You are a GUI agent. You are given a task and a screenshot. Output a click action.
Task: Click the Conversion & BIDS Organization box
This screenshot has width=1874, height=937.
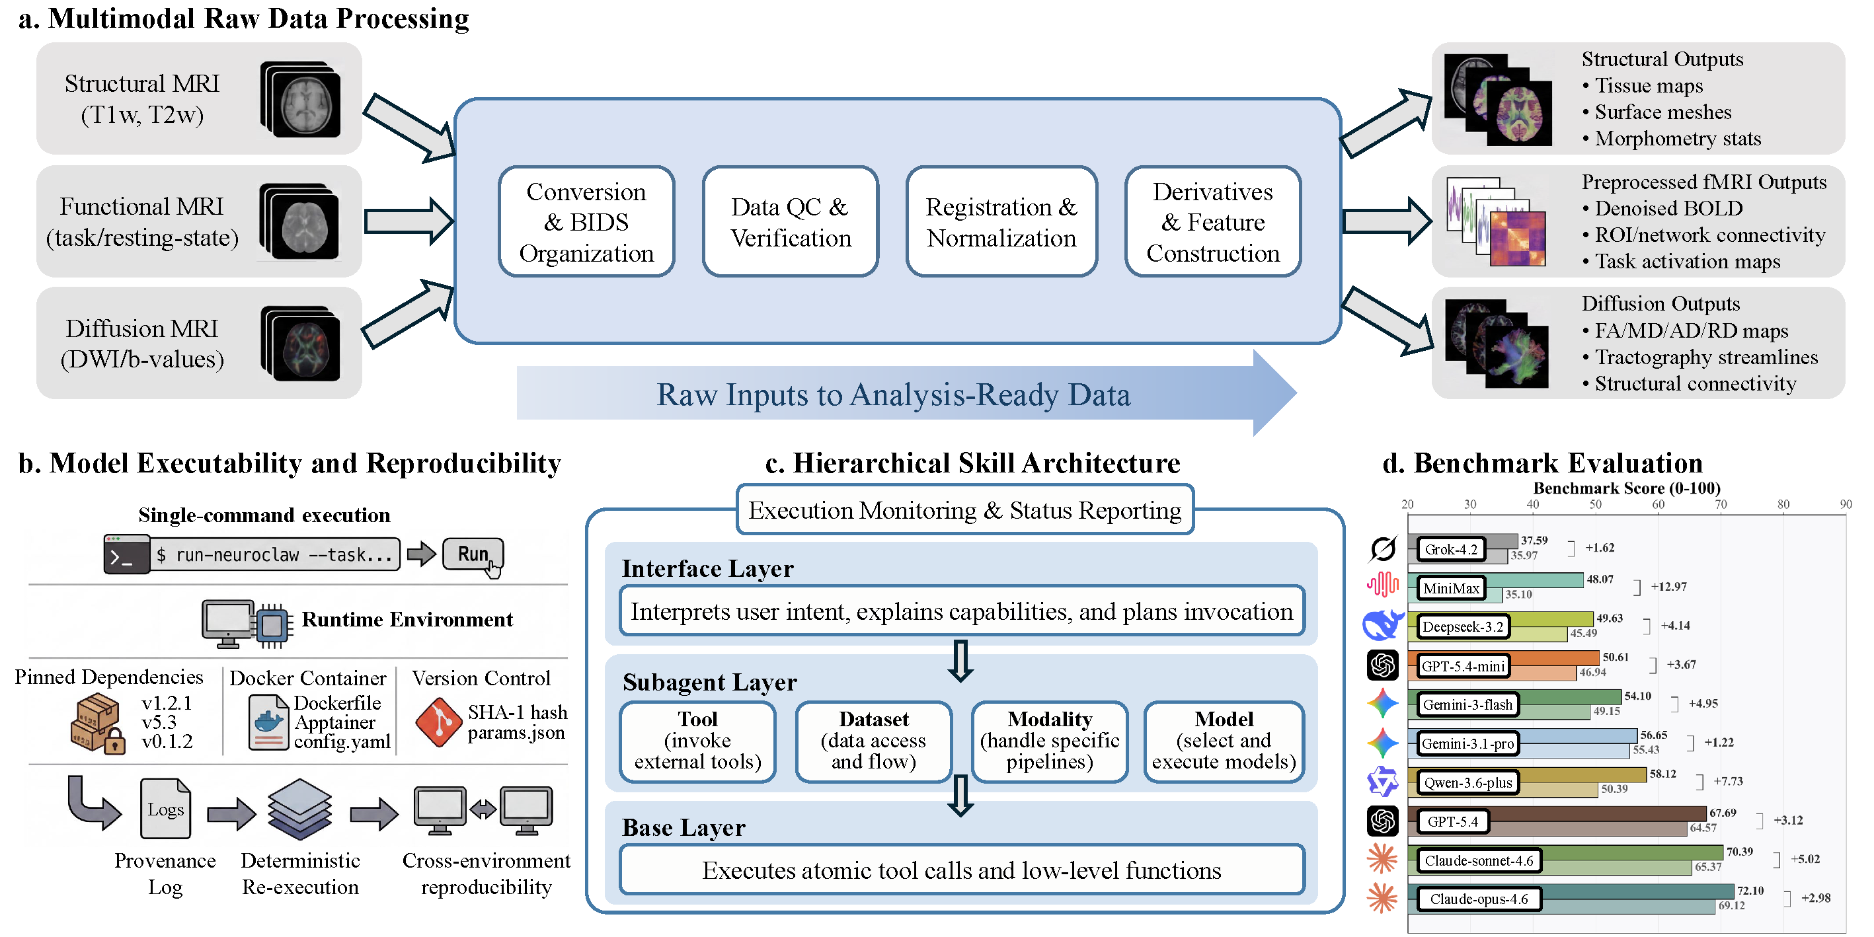(x=586, y=222)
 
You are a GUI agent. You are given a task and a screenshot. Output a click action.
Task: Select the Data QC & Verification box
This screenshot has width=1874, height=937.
(x=790, y=222)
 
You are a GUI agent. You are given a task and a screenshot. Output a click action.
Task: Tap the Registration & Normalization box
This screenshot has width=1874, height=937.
(x=1000, y=222)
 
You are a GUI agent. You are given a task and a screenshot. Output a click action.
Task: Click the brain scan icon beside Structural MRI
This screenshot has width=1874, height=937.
(x=301, y=100)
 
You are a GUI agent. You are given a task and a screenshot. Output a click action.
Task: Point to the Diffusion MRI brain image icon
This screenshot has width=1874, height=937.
(x=301, y=344)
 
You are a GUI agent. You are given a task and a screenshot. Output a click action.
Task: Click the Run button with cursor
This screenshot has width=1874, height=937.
(x=473, y=554)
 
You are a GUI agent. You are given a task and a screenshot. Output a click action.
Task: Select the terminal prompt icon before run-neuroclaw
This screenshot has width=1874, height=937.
(x=126, y=555)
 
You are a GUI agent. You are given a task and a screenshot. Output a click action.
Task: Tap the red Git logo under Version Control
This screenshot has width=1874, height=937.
(x=438, y=722)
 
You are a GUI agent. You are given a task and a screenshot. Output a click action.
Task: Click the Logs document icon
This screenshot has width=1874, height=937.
(x=165, y=808)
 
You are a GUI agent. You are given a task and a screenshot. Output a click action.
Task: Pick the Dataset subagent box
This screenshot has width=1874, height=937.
(x=873, y=741)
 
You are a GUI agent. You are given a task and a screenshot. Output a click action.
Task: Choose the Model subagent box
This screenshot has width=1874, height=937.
(x=1224, y=741)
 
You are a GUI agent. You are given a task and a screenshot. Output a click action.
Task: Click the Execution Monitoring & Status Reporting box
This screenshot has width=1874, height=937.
(x=964, y=510)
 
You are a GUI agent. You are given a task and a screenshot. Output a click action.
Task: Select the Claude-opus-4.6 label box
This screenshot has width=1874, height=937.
(x=1478, y=899)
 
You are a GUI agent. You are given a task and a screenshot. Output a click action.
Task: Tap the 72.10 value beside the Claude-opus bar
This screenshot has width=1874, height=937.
(x=1750, y=891)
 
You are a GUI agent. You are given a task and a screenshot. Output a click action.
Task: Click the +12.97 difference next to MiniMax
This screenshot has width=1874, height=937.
(x=1668, y=586)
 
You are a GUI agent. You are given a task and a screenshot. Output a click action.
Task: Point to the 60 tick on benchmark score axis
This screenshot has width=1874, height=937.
(x=1658, y=504)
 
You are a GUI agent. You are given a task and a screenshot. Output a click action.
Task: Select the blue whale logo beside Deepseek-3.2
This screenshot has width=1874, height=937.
(x=1382, y=625)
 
